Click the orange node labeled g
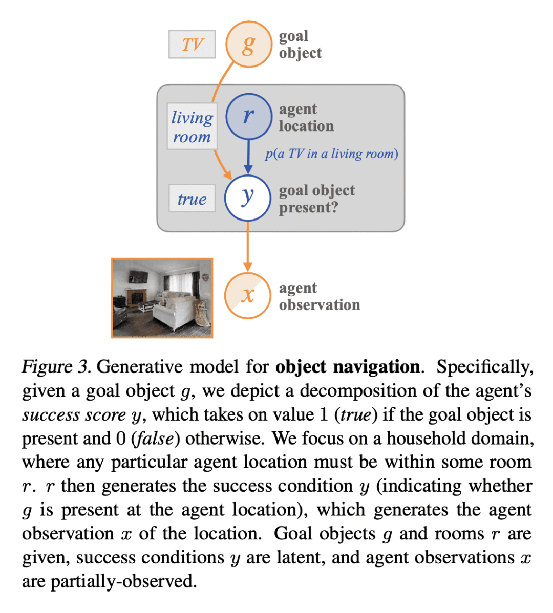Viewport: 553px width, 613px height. pos(248,44)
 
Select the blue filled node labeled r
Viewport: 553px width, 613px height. pos(248,116)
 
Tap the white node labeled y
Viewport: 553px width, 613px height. pos(248,198)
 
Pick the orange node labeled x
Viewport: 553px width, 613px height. pos(248,295)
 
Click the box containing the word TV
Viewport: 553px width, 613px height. pos(192,45)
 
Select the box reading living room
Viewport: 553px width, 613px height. pos(192,126)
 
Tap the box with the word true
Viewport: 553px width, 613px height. pos(192,199)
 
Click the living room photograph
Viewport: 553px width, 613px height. pos(162,298)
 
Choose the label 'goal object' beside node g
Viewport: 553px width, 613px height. pos(300,45)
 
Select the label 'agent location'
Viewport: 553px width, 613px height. pos(306,118)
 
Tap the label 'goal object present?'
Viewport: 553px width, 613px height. pos(316,199)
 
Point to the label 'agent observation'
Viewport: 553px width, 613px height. pos(319,296)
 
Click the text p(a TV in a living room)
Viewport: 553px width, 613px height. pos(331,154)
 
